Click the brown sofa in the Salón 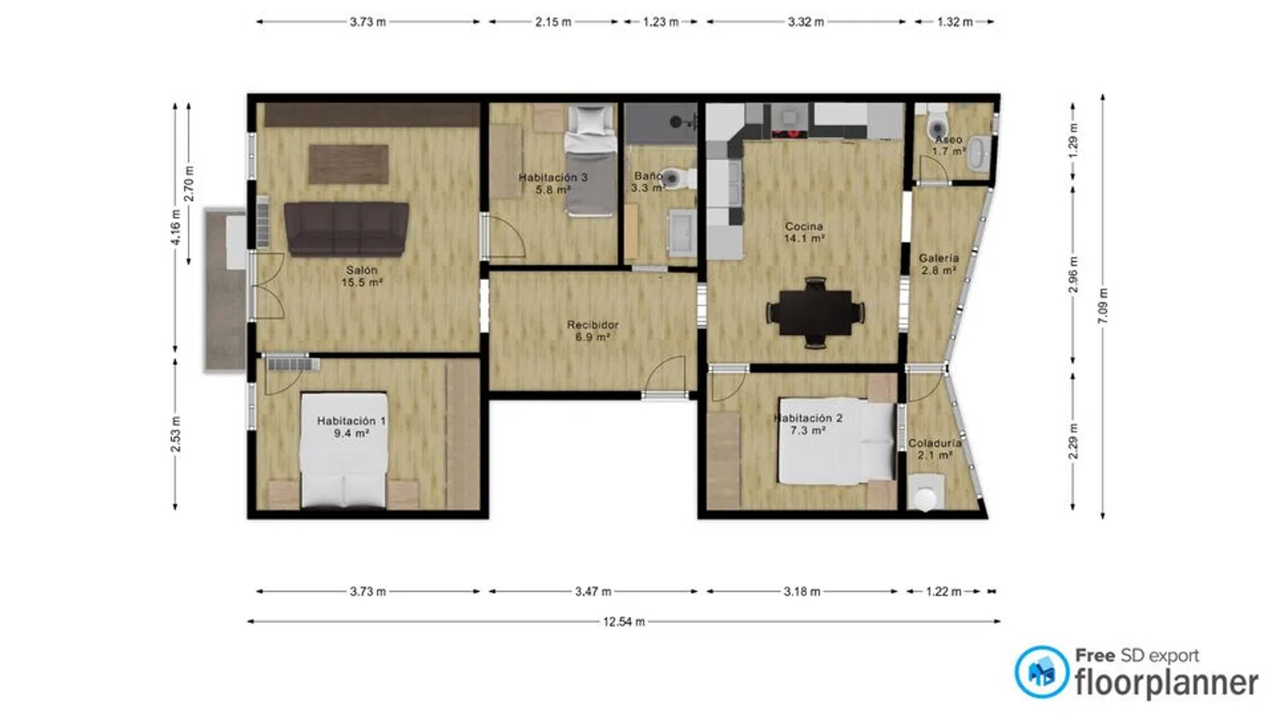(x=346, y=229)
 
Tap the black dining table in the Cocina (x=816, y=312)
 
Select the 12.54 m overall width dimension (x=624, y=622)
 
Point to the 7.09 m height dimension (x=1103, y=306)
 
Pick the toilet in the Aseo (x=936, y=123)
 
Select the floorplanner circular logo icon (x=1041, y=672)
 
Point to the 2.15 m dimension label (x=553, y=22)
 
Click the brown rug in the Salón (x=349, y=164)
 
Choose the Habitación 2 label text (x=808, y=419)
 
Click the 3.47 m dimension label (x=593, y=591)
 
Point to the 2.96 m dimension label (x=1074, y=275)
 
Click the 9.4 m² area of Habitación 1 (x=351, y=433)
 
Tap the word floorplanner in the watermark (x=1166, y=682)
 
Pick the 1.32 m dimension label (x=955, y=22)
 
